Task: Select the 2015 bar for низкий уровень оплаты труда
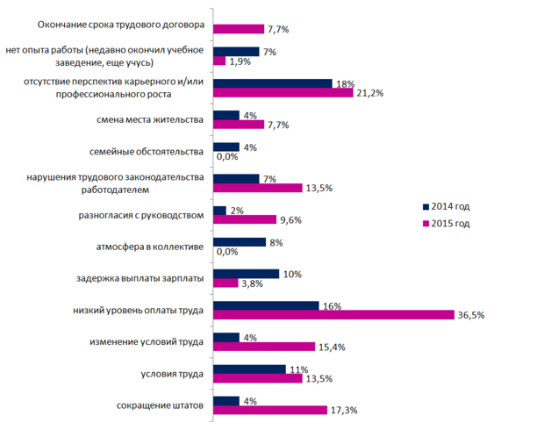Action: (x=333, y=315)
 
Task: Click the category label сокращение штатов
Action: (x=161, y=405)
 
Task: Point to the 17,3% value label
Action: (x=345, y=410)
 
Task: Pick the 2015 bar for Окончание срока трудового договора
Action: (x=239, y=30)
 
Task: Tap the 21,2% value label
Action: (x=369, y=94)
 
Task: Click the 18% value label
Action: (x=344, y=84)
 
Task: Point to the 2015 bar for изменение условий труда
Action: (x=263, y=347)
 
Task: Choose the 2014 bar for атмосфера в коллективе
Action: (x=239, y=242)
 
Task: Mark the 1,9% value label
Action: (x=240, y=61)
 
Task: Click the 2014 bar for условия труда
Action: (x=249, y=369)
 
